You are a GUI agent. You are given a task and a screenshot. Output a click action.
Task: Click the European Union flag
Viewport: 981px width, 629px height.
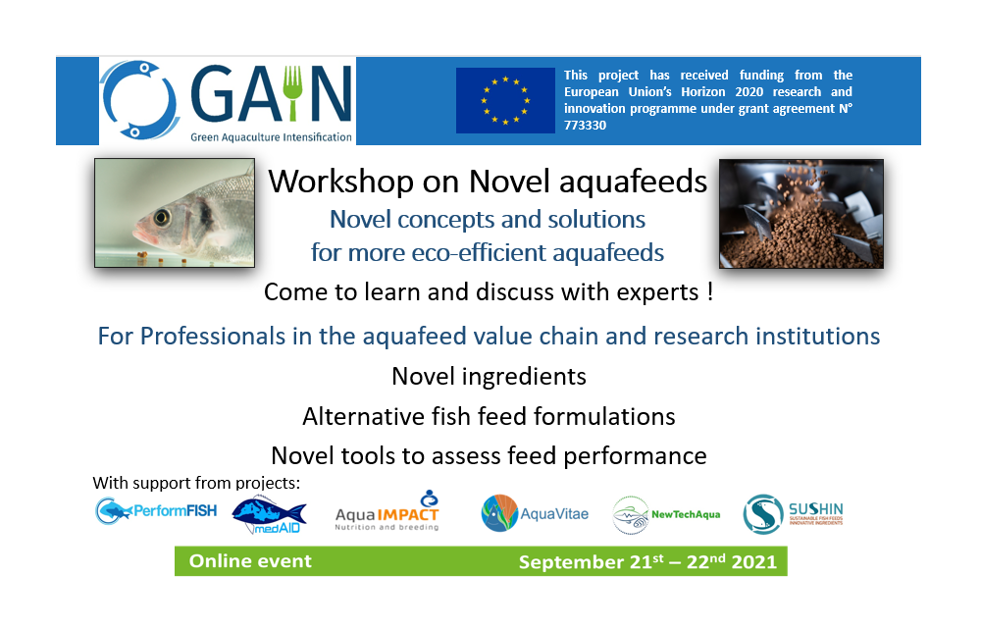coord(505,100)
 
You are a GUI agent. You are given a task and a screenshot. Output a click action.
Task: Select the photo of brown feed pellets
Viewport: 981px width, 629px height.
coord(800,214)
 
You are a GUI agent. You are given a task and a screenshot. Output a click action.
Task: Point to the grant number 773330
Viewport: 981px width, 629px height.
coord(585,127)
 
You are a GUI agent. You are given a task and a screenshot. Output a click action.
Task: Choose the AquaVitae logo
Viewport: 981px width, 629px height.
coord(535,513)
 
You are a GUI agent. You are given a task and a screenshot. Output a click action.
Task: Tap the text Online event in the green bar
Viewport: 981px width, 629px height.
coord(250,561)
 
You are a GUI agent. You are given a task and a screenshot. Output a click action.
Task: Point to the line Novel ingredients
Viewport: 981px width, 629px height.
coord(489,376)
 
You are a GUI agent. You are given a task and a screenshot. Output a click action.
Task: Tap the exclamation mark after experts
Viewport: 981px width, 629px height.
coord(708,292)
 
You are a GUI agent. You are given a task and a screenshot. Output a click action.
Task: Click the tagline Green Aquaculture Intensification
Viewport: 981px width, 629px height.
coord(271,137)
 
